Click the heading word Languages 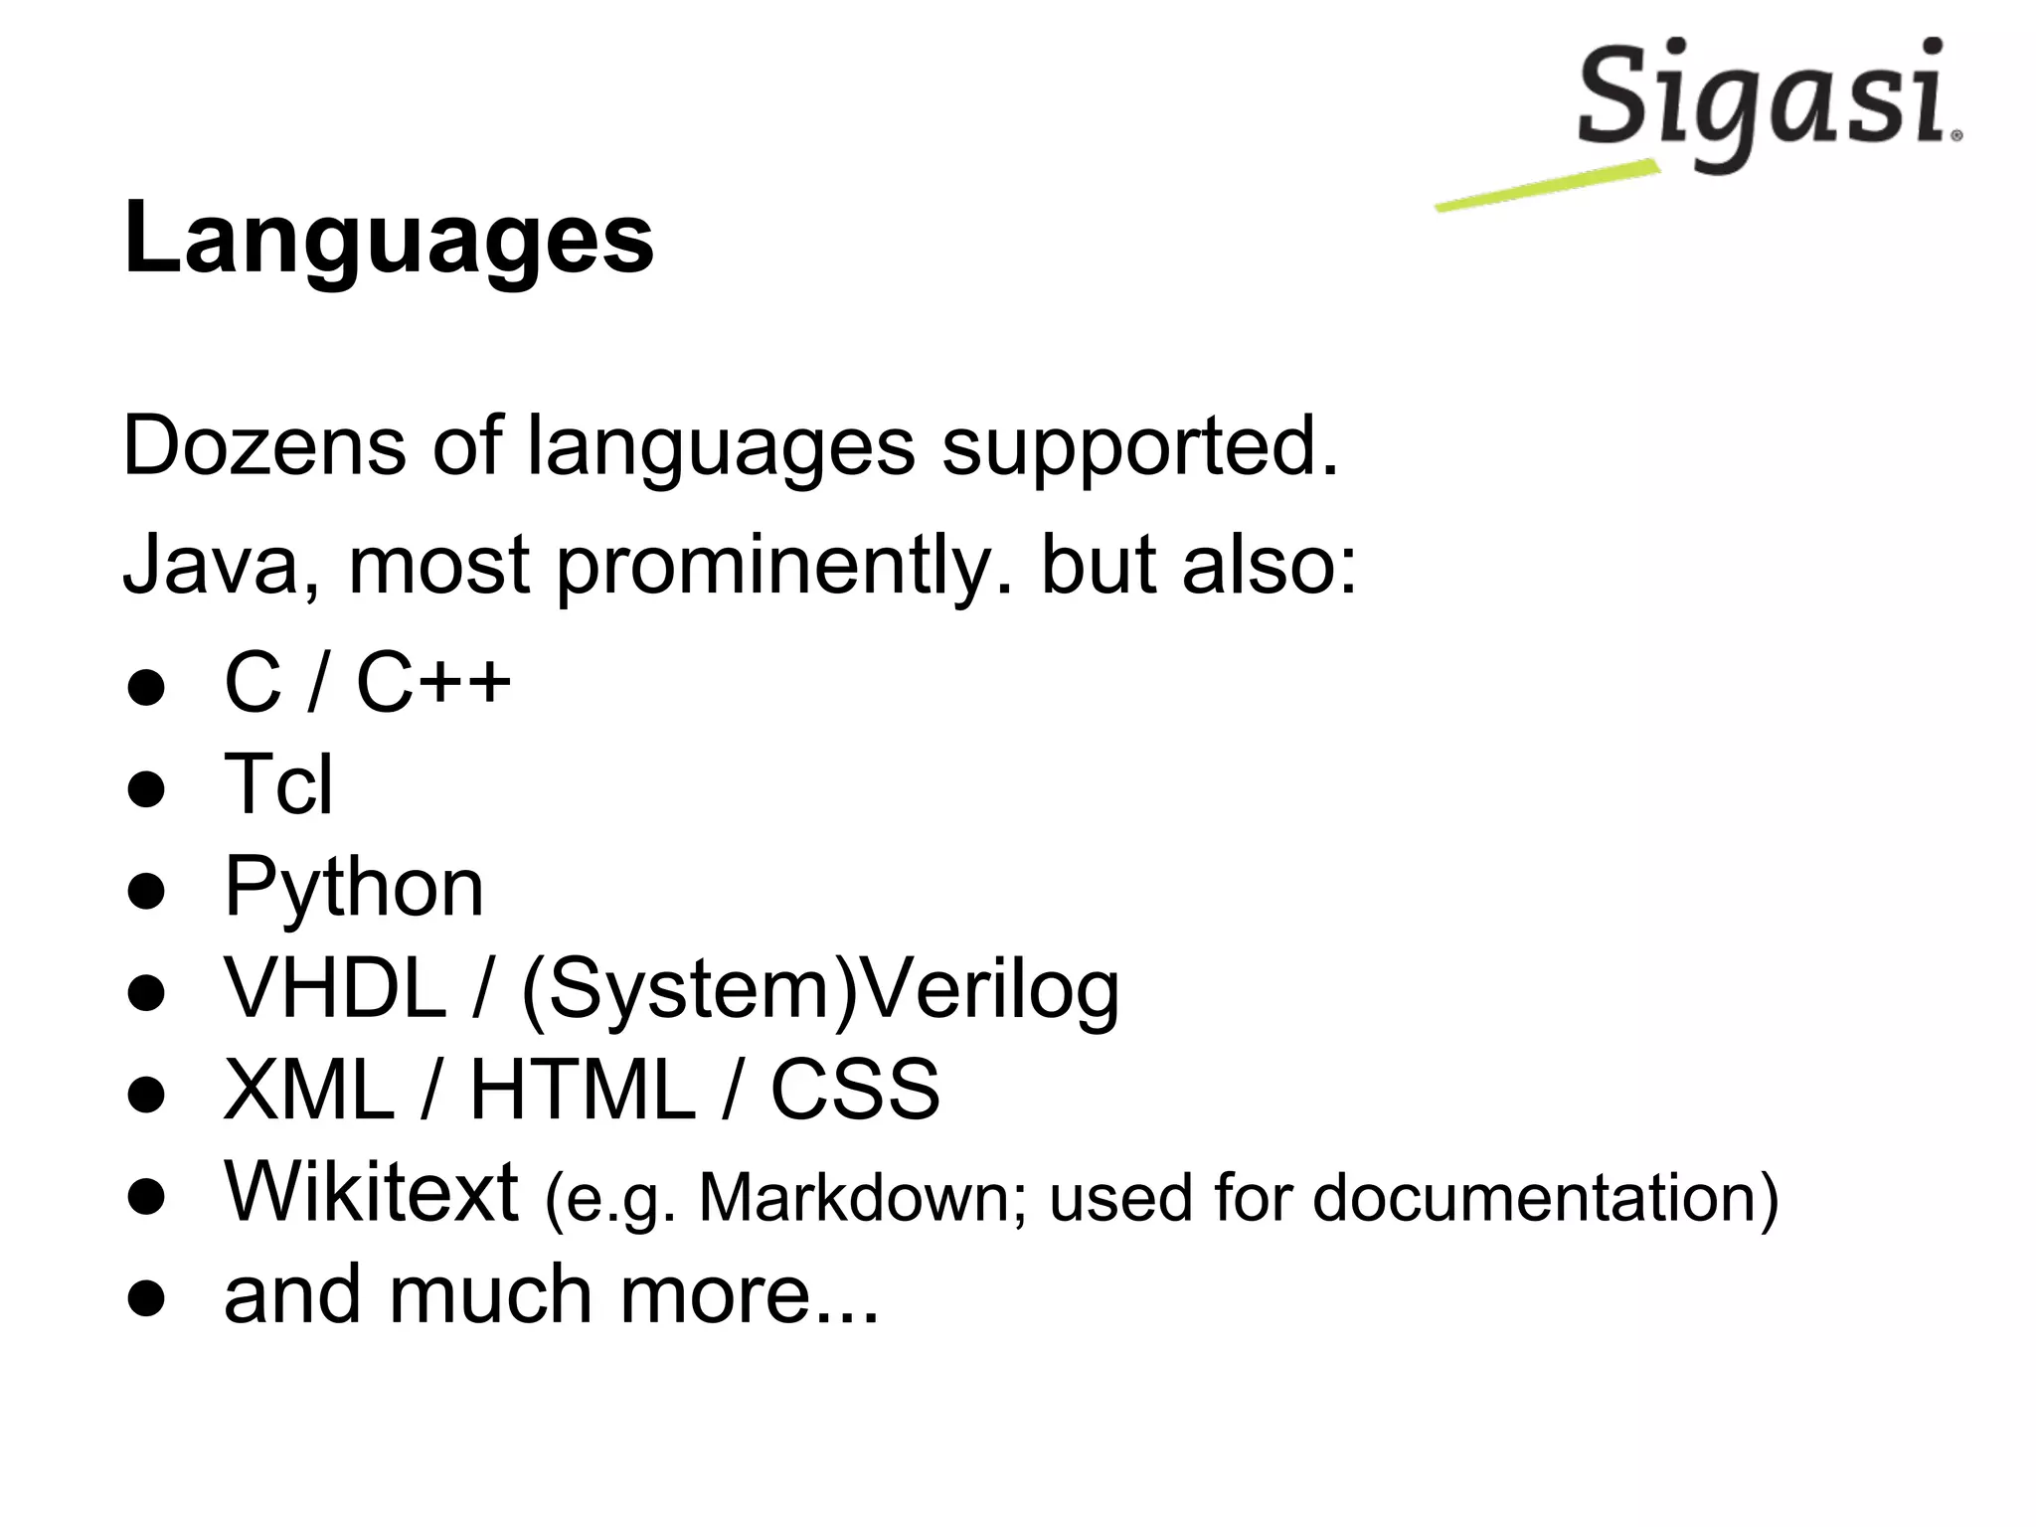tap(389, 239)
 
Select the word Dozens tap(263, 446)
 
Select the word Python tap(354, 887)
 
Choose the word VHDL tap(335, 989)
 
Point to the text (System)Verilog tap(819, 992)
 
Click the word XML tap(309, 1091)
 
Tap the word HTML tap(582, 1091)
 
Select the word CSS tap(855, 1091)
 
